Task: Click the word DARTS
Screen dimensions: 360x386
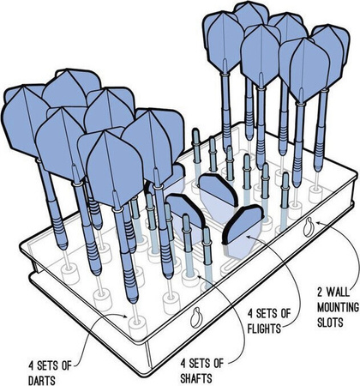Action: point(42,380)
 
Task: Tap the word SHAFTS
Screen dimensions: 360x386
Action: point(196,378)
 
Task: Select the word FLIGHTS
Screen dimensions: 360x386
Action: point(264,329)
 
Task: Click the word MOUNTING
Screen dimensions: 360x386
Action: point(338,307)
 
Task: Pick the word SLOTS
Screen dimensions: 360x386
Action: point(330,323)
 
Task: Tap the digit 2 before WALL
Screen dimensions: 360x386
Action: point(321,293)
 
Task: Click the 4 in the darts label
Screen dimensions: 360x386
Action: point(32,365)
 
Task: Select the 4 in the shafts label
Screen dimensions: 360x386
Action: point(183,364)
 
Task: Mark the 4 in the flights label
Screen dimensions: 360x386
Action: point(250,313)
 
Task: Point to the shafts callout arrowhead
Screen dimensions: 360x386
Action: point(200,277)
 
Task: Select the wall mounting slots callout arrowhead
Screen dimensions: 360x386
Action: point(319,222)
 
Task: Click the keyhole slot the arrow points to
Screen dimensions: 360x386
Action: point(309,227)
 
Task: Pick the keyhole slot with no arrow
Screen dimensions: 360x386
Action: point(196,317)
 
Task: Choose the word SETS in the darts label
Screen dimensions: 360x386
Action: point(49,365)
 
